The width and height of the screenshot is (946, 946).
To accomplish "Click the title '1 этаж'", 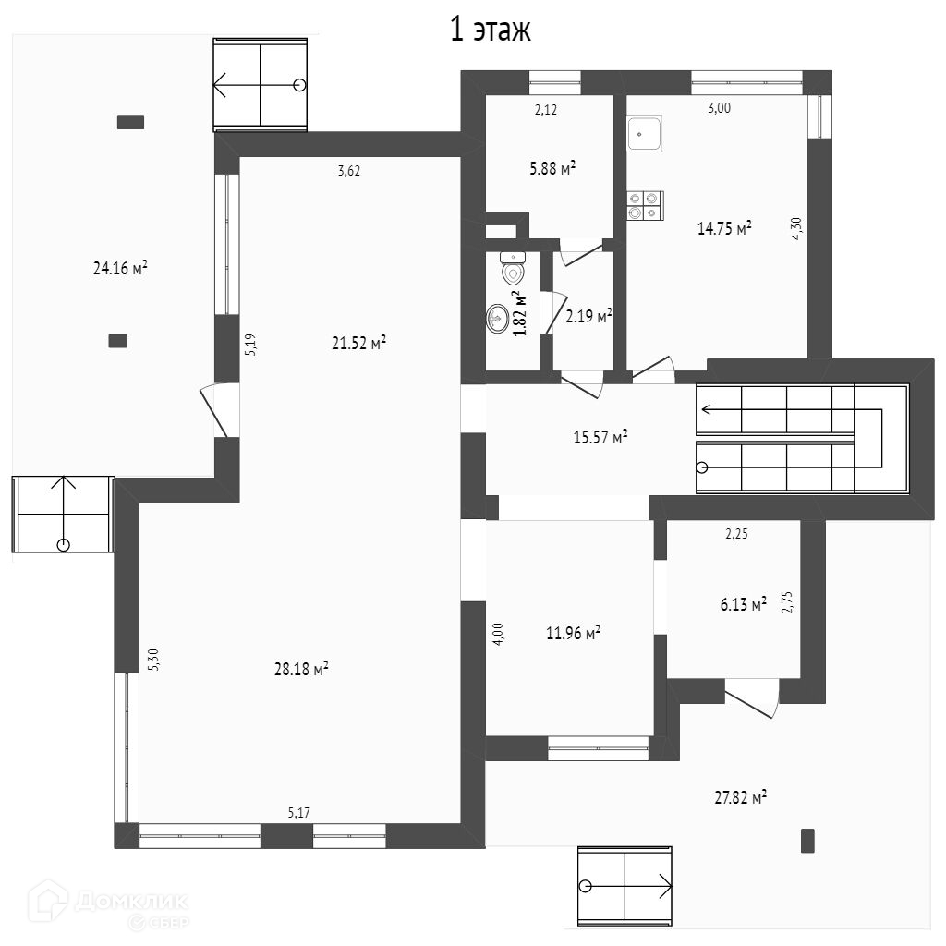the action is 490,30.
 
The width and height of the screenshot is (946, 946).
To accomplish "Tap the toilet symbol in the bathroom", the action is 513,271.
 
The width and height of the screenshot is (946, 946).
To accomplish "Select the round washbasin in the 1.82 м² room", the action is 500,318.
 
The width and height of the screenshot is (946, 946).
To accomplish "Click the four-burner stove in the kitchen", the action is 645,205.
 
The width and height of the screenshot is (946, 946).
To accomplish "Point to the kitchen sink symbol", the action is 645,134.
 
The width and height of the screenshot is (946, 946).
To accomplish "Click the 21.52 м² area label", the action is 358,343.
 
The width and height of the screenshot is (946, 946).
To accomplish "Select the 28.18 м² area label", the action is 301,669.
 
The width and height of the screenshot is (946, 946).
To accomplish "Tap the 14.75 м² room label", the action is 723,228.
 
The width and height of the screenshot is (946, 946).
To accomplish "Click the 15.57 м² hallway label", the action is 600,437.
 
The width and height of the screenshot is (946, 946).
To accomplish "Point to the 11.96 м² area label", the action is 573,633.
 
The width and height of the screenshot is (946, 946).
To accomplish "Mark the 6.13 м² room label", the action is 743,604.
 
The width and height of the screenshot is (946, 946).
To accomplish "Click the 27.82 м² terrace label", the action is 741,797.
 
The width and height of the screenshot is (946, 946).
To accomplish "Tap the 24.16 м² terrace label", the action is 121,269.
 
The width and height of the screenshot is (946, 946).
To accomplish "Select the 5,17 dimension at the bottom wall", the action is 298,813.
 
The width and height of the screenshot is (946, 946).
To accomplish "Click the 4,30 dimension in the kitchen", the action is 795,228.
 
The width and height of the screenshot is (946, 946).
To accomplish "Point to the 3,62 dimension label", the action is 348,170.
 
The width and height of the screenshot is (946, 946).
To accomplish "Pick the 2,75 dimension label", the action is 787,602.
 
